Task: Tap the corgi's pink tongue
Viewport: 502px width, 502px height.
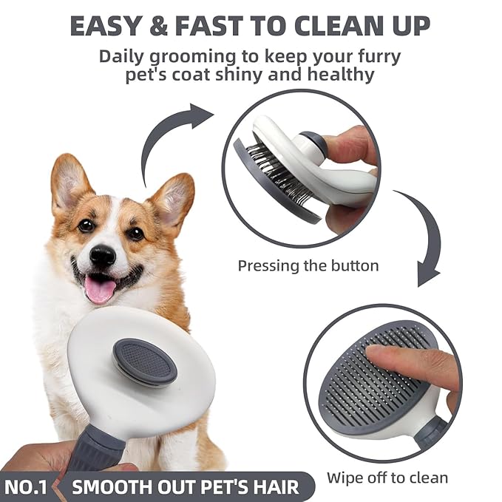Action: pos(99,289)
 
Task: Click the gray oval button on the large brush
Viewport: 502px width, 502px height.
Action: pos(144,362)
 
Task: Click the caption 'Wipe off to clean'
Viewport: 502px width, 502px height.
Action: pos(387,477)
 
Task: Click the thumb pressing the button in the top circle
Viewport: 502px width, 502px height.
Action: pos(347,144)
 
